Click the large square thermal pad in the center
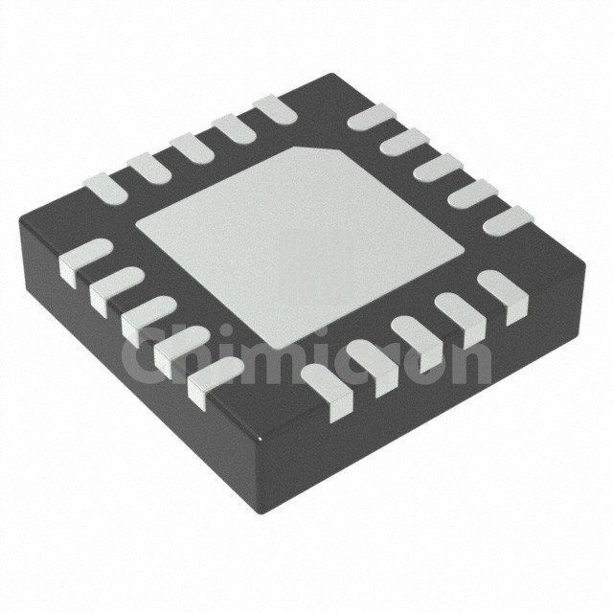300,247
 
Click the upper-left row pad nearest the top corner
275,110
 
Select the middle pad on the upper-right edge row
439,169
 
